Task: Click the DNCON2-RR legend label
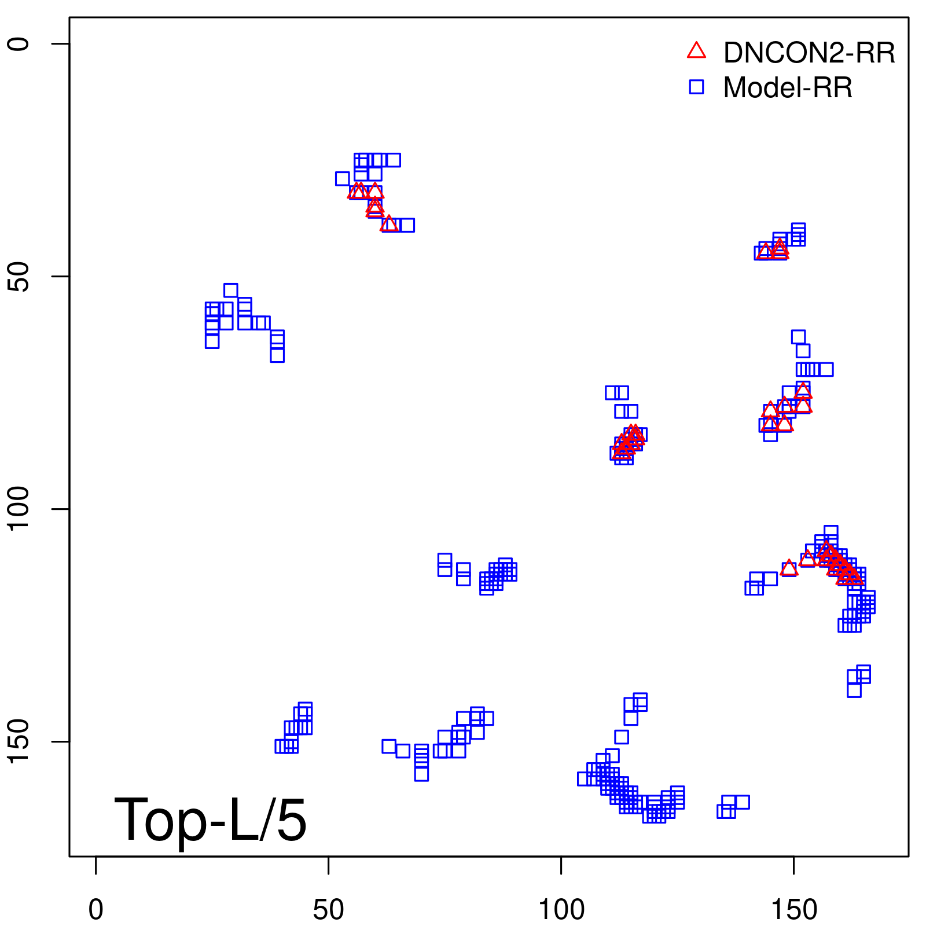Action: [809, 53]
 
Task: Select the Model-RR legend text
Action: [787, 88]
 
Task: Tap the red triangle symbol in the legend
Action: [696, 51]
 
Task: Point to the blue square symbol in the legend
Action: [696, 87]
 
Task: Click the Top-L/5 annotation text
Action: [210, 820]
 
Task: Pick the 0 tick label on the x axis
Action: [96, 910]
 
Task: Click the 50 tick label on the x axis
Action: [328, 910]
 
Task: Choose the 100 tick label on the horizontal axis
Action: [561, 910]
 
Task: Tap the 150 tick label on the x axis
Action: [793, 910]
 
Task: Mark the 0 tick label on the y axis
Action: [19, 44]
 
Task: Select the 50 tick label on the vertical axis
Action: [19, 277]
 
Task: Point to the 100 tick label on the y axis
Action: [19, 509]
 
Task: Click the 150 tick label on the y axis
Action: [19, 741]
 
